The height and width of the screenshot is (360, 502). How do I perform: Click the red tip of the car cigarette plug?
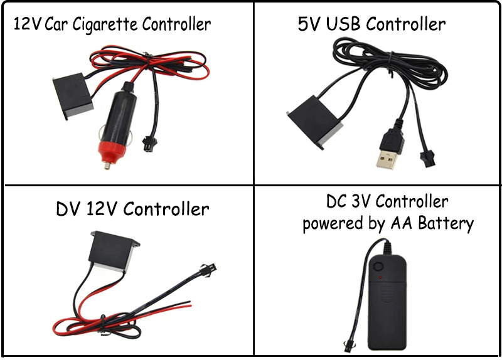(x=112, y=152)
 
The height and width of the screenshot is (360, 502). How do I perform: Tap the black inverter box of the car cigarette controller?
(x=73, y=96)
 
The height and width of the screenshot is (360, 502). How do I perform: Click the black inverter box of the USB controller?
(x=315, y=122)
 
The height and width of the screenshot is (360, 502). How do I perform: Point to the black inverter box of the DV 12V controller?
(x=114, y=252)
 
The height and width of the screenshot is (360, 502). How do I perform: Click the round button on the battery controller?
(x=378, y=267)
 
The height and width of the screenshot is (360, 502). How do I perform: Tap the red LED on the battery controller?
(x=380, y=277)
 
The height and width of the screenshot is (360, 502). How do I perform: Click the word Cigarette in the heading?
(x=105, y=24)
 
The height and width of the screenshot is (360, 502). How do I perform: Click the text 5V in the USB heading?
(x=309, y=24)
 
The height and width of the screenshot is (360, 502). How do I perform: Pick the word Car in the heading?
(x=56, y=24)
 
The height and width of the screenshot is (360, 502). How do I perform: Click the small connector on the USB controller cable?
(x=427, y=159)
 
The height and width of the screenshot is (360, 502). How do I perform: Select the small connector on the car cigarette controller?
(x=148, y=144)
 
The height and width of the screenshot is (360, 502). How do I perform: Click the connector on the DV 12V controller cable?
(x=208, y=269)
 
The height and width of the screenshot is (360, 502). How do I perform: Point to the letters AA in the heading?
(x=402, y=223)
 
